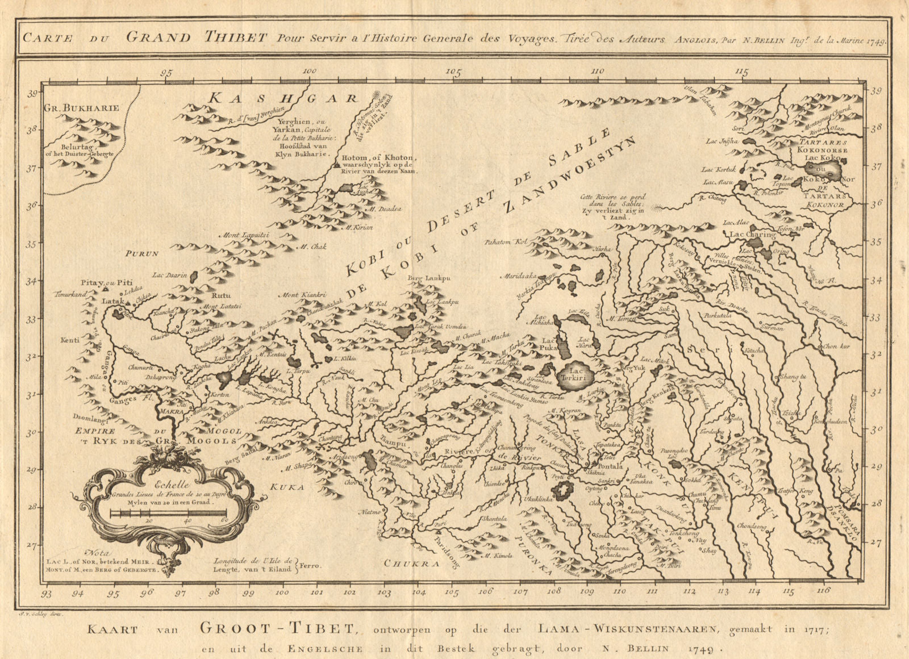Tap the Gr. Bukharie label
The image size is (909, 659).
pyautogui.click(x=81, y=108)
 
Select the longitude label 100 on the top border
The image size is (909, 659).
pyautogui.click(x=310, y=72)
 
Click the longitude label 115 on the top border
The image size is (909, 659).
pyautogui.click(x=741, y=72)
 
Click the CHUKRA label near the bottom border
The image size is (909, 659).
pyautogui.click(x=412, y=563)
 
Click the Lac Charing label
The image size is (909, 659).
pyautogui.click(x=752, y=234)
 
